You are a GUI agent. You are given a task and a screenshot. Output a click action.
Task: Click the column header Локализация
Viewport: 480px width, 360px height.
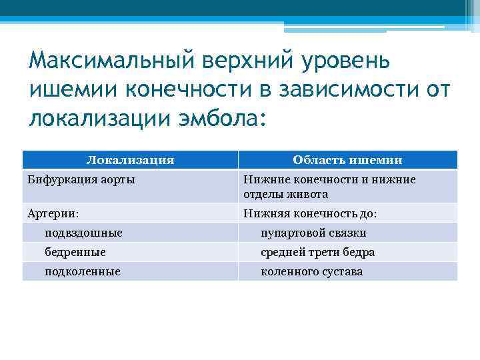click(131, 160)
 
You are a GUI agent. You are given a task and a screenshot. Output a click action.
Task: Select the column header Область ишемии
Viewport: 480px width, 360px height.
click(347, 160)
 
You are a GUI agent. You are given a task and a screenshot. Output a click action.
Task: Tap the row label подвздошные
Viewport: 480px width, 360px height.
click(83, 233)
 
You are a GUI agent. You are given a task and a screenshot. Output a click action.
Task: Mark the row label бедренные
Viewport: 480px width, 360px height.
click(75, 253)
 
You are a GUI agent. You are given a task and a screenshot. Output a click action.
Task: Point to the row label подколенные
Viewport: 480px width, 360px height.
click(82, 272)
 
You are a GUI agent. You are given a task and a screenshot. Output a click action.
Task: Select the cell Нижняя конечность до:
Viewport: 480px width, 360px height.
click(310, 213)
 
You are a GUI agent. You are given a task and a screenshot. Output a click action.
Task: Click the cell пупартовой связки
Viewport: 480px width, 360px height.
click(313, 233)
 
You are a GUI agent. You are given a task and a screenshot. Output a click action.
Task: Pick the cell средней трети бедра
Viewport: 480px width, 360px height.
click(317, 253)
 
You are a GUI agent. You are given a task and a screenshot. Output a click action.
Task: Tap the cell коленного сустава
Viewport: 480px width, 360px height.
click(312, 272)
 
